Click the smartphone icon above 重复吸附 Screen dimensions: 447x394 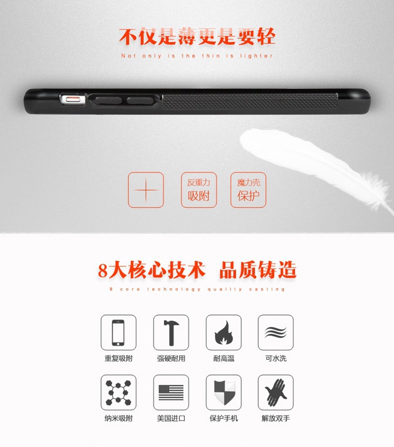coord(118,332)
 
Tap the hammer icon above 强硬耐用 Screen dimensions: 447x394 coord(171,332)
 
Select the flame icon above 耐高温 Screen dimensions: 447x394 coord(223,332)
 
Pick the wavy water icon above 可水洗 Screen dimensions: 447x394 coord(275,332)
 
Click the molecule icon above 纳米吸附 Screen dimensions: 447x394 coord(118,392)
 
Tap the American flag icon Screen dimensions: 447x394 coord(171,392)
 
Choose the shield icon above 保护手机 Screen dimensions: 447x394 coord(223,392)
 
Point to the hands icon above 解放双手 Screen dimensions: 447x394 coord(275,392)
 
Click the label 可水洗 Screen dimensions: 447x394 coord(276,358)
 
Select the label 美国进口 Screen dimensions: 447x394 coord(171,418)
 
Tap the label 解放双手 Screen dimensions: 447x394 coord(276,418)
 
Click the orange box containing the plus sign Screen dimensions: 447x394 coord(146,190)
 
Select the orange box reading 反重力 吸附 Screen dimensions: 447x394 coord(198,190)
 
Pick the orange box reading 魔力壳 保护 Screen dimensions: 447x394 coord(248,190)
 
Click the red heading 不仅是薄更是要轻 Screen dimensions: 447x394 coord(197,36)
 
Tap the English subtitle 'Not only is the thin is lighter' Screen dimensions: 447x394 coord(197,56)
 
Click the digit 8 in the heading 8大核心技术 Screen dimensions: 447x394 coord(103,271)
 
